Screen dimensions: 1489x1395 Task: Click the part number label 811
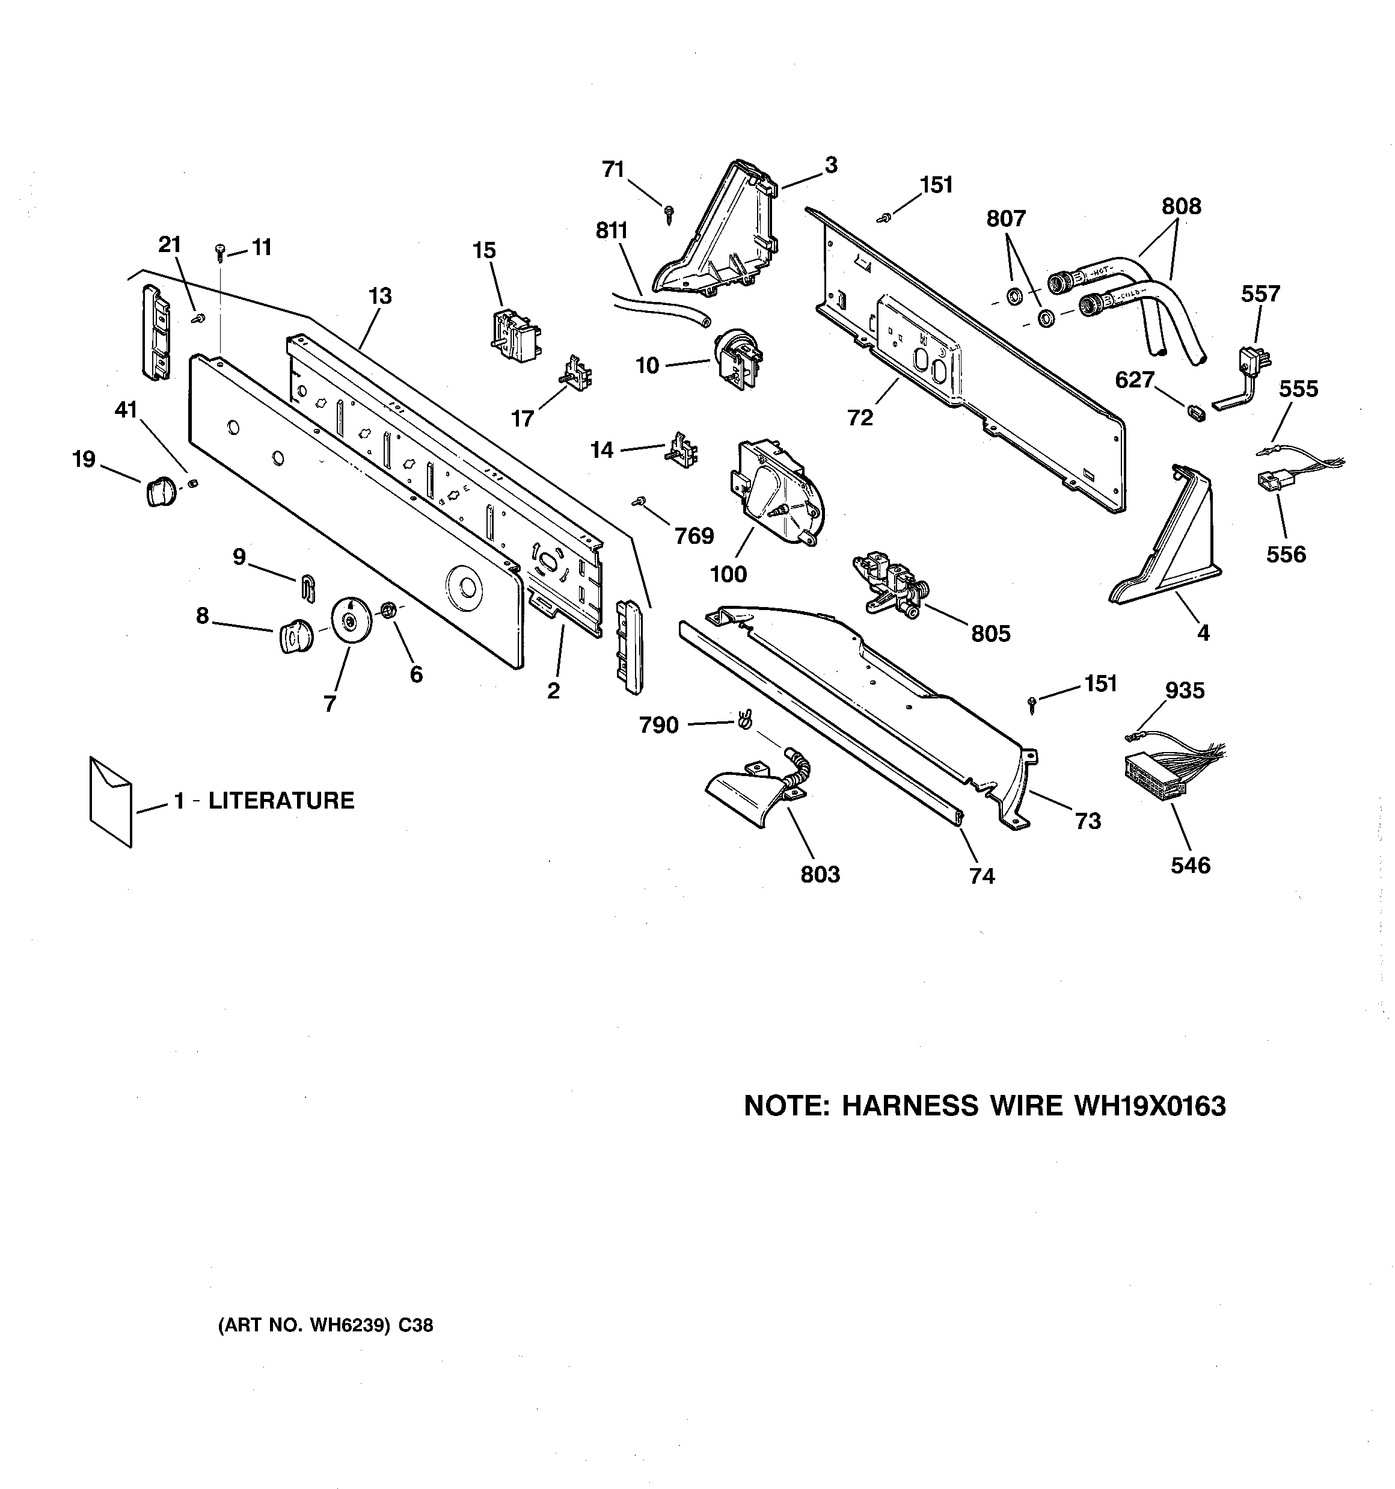coord(611,230)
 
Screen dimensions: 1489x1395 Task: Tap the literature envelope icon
coord(110,801)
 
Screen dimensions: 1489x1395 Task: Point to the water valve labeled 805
coord(891,585)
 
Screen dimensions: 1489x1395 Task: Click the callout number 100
coord(728,574)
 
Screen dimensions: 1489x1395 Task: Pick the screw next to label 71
coord(668,217)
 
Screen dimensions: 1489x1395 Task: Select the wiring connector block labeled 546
coord(1150,775)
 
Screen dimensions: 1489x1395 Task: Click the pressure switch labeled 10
coord(733,361)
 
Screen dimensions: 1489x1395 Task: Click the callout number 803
coord(820,874)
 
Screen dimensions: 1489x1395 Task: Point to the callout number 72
coord(860,418)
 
